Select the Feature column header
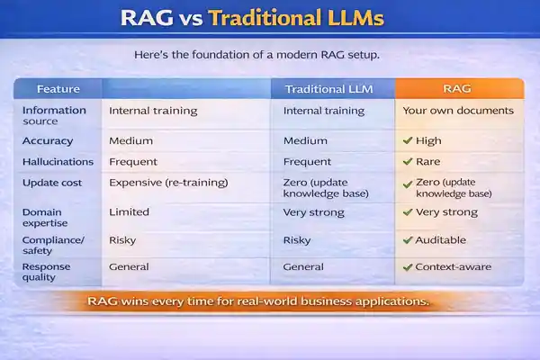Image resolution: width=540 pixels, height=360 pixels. point(58,89)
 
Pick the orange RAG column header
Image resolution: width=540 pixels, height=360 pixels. point(459,89)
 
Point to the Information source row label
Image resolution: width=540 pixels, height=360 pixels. point(54,115)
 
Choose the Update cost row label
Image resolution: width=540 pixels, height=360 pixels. point(53,183)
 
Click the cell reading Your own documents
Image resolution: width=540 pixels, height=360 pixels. point(458,112)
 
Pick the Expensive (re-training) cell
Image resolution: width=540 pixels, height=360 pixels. point(168,183)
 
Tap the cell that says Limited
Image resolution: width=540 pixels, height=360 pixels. point(129,212)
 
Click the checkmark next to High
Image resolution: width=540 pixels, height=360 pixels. point(408,141)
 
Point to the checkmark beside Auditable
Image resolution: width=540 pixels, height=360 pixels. point(408,241)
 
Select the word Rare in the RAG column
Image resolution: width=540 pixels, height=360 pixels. point(428,162)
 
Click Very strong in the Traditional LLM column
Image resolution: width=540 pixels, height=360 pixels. point(313,212)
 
